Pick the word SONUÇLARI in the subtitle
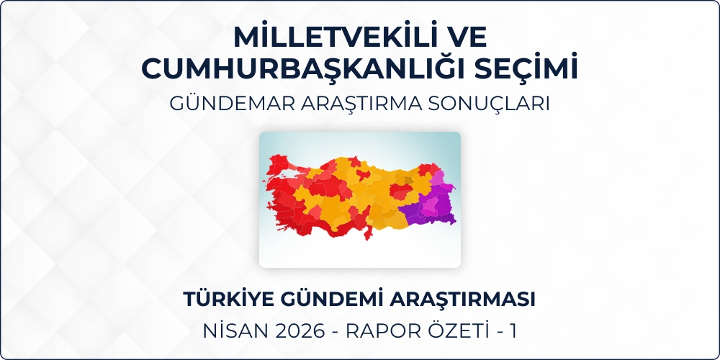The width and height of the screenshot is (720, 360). pos(489,104)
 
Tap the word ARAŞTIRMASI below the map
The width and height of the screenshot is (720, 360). pos(462,300)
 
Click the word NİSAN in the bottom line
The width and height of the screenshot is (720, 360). pos(233,331)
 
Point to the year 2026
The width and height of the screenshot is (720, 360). pos(297,331)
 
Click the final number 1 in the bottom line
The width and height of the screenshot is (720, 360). pos(513,331)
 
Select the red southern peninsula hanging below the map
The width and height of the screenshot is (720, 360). pos(367,233)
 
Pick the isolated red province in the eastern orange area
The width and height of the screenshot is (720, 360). pos(400,191)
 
